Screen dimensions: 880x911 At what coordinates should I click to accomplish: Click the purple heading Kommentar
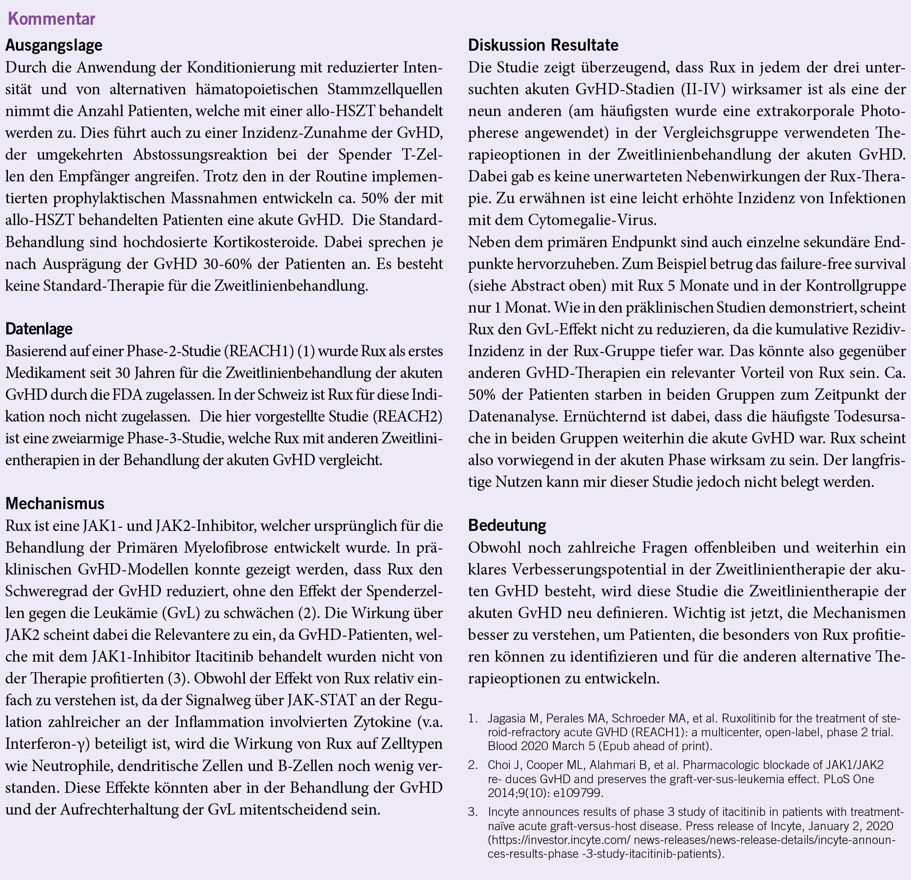[x=52, y=19]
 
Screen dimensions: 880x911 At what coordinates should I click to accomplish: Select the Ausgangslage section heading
[x=54, y=45]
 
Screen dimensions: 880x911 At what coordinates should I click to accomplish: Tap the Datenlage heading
[x=39, y=329]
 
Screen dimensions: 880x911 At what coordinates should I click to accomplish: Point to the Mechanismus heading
[x=55, y=503]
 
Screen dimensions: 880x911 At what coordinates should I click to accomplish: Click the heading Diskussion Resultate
[x=543, y=45]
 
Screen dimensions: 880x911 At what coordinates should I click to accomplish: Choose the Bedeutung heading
[x=506, y=525]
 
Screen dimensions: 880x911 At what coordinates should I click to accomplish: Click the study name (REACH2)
[x=407, y=416]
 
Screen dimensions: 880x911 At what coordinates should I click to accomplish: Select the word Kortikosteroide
[x=255, y=242]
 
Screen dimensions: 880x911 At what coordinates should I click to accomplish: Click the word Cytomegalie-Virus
[x=592, y=220]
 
